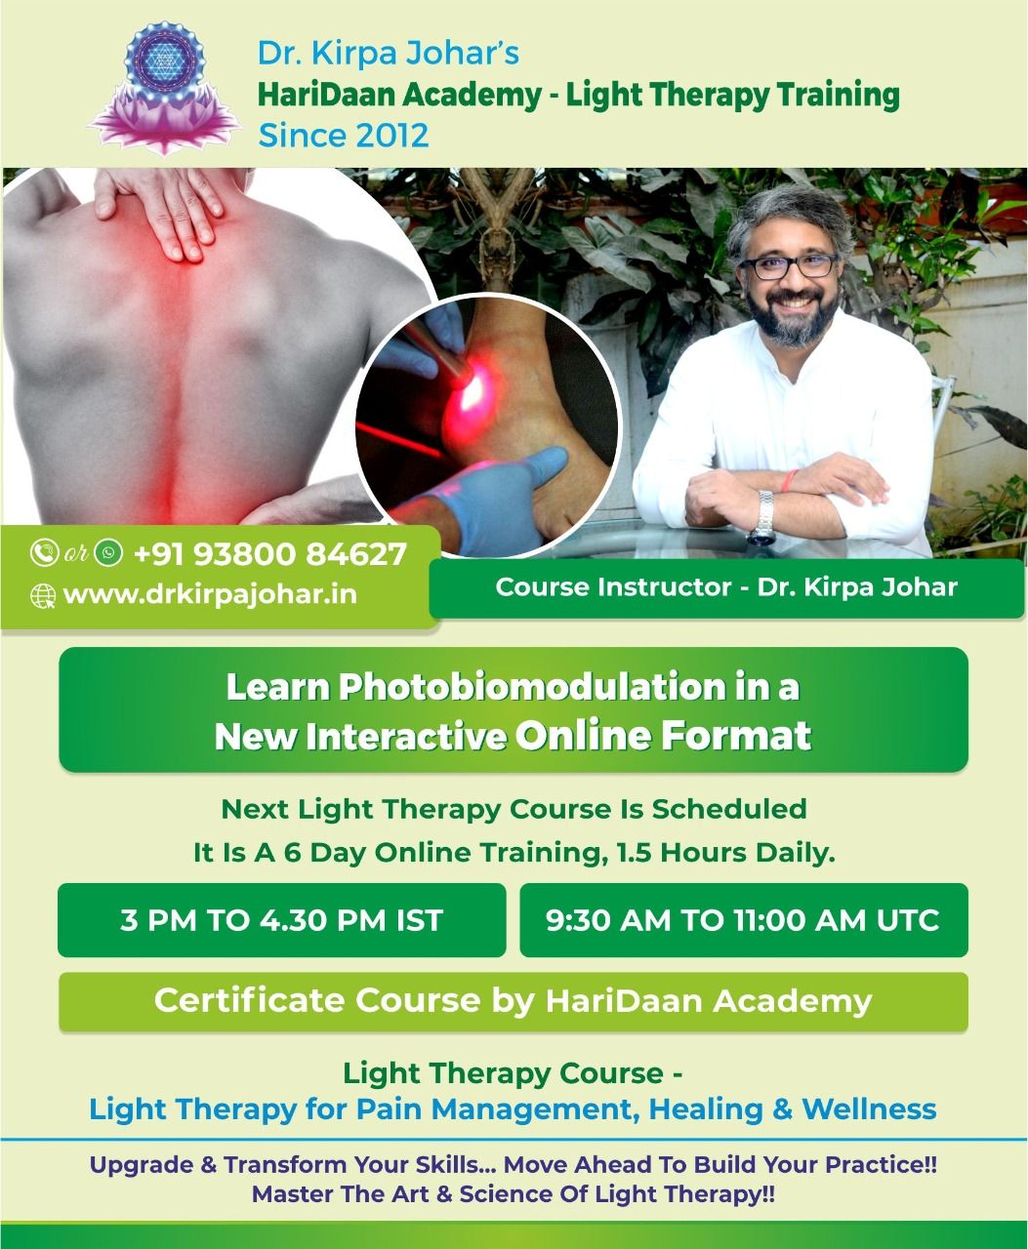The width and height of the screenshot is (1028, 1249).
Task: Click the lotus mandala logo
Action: click(x=165, y=89)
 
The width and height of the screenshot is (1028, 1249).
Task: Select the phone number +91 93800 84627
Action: click(x=270, y=554)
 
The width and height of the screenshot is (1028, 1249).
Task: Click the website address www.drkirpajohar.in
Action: click(x=210, y=594)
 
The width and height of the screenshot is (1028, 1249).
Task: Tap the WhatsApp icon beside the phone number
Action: click(x=109, y=552)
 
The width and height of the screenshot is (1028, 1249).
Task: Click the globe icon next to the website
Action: click(x=43, y=595)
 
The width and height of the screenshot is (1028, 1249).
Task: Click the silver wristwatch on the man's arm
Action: click(x=765, y=517)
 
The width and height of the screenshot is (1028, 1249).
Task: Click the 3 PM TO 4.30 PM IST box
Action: click(x=281, y=920)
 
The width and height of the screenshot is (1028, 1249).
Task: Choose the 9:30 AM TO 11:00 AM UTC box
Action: click(x=744, y=920)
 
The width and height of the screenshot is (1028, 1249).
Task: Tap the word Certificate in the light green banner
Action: click(x=251, y=1000)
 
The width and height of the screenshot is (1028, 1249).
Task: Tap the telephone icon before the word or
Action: click(x=44, y=552)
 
